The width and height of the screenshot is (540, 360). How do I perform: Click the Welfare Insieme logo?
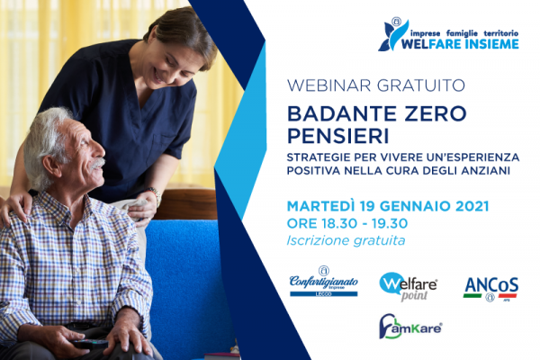tap(448, 34)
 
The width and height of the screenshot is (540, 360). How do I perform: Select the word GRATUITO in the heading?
tap(421, 85)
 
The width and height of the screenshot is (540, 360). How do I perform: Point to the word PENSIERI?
tap(337, 136)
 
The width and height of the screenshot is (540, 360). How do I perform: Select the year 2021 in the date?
tap(472, 206)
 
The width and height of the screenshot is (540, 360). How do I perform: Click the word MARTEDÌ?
tap(320, 206)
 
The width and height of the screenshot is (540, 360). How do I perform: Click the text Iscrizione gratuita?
tap(346, 240)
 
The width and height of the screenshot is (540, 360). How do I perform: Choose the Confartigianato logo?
tap(324, 281)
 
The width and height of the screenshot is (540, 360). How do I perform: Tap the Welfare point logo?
tap(409, 286)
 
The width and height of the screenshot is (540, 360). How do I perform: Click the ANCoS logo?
tap(490, 289)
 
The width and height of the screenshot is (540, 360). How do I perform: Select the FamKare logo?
tap(410, 326)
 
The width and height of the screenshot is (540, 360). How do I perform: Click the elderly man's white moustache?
tap(98, 163)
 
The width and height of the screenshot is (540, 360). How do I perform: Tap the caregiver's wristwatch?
tap(155, 194)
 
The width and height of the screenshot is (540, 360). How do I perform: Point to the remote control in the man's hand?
tap(89, 344)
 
